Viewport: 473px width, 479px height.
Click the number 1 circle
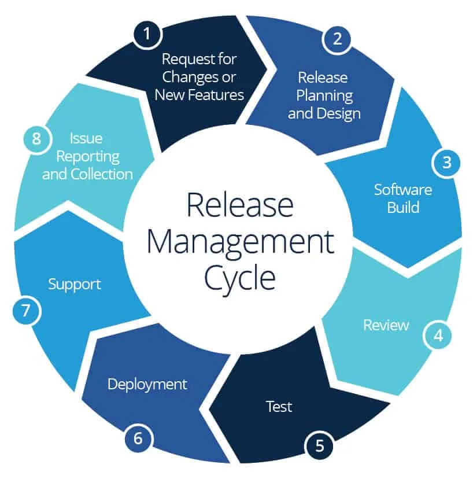(147, 34)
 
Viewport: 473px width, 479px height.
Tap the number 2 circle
(338, 38)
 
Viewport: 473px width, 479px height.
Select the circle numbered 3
(446, 162)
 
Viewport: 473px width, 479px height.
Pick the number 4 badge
(438, 335)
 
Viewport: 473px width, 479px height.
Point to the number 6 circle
(138, 438)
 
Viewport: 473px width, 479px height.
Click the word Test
(279, 406)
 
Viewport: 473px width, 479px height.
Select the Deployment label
(147, 384)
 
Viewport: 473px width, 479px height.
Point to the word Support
(75, 284)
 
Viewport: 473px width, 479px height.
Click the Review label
(386, 325)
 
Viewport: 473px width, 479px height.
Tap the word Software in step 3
(402, 189)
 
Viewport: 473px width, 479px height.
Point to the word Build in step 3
(402, 207)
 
